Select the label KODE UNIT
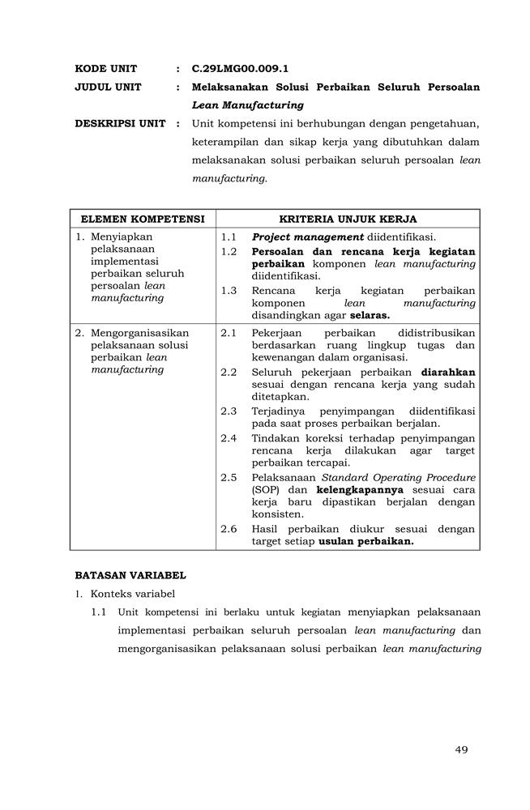pos(106,69)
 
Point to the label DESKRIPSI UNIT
pos(120,124)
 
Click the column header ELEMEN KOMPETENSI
pos(143,219)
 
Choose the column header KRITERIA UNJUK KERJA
pos(348,219)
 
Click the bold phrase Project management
pos(307,237)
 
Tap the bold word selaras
pos(370,315)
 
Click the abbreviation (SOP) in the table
pos(265,490)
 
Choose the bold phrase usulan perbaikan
pos(366,542)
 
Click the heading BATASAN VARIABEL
pos(130,576)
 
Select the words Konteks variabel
pos(133,594)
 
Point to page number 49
pos(461,749)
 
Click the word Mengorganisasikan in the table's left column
pos(140,333)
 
